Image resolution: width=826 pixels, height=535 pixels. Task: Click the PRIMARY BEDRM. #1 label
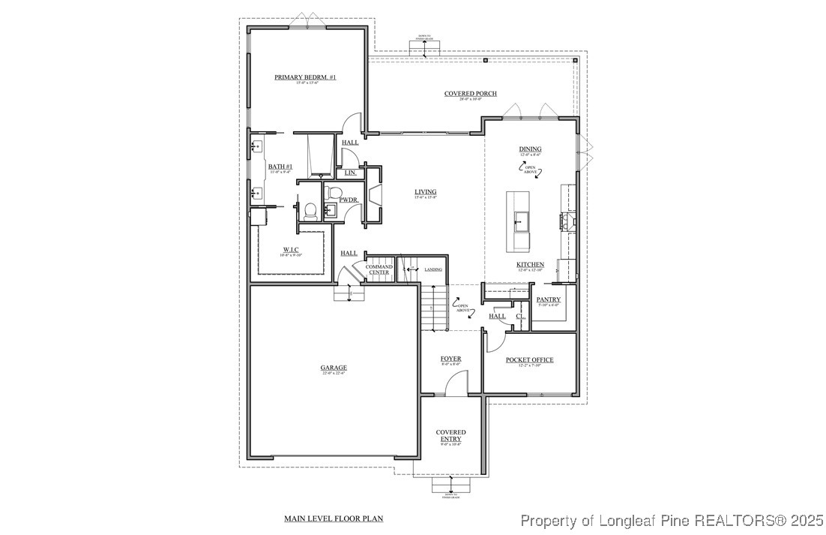305,77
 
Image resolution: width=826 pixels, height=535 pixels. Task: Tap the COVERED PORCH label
470,94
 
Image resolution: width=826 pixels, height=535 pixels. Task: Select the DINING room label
530,149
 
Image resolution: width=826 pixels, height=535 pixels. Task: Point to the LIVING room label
425,192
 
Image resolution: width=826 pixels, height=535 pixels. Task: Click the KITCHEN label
530,265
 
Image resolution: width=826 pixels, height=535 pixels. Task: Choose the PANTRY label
549,300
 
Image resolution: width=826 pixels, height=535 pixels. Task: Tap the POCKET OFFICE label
529,360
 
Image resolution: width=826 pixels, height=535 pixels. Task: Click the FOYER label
450,359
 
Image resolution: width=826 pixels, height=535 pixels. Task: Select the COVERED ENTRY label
450,435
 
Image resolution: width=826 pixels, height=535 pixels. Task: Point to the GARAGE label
334,368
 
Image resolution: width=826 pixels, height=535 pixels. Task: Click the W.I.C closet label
292,250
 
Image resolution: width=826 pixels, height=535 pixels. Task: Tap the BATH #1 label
280,167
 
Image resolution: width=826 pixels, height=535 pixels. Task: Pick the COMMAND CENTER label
379,269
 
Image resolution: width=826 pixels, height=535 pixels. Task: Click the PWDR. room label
348,200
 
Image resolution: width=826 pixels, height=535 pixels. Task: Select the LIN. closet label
350,173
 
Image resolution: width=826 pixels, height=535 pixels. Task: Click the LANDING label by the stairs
432,269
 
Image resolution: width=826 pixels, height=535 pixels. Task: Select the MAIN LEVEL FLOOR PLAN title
334,518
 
